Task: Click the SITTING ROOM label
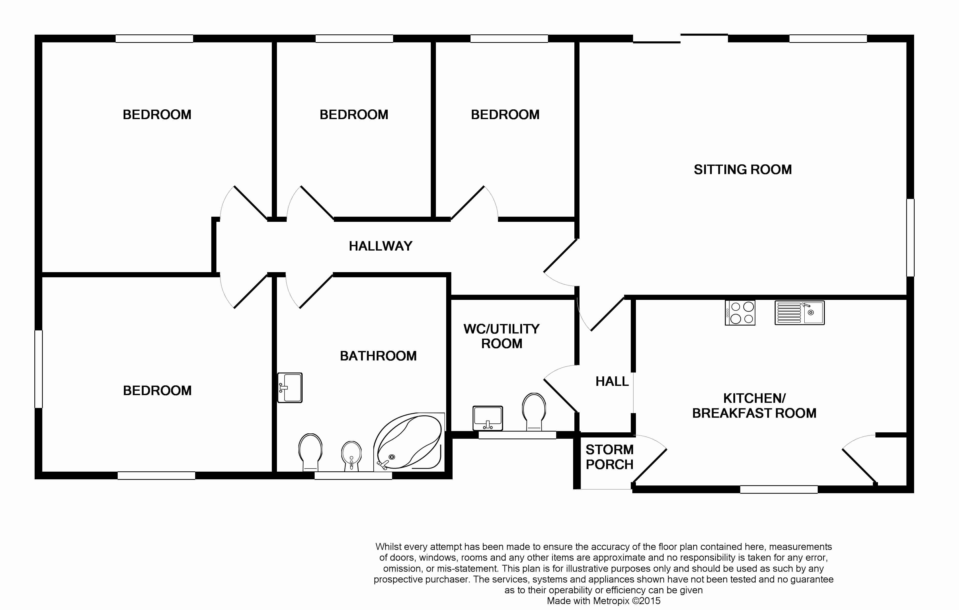coord(743,169)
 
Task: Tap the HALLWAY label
coord(381,246)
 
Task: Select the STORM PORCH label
coord(609,457)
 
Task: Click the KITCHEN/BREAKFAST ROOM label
coord(754,405)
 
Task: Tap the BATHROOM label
coord(378,356)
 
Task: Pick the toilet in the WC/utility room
coord(534,412)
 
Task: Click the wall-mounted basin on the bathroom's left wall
coord(290,387)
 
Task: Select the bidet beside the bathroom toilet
coord(352,456)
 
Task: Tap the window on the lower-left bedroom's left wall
coord(39,369)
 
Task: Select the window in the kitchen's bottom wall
coord(779,489)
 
